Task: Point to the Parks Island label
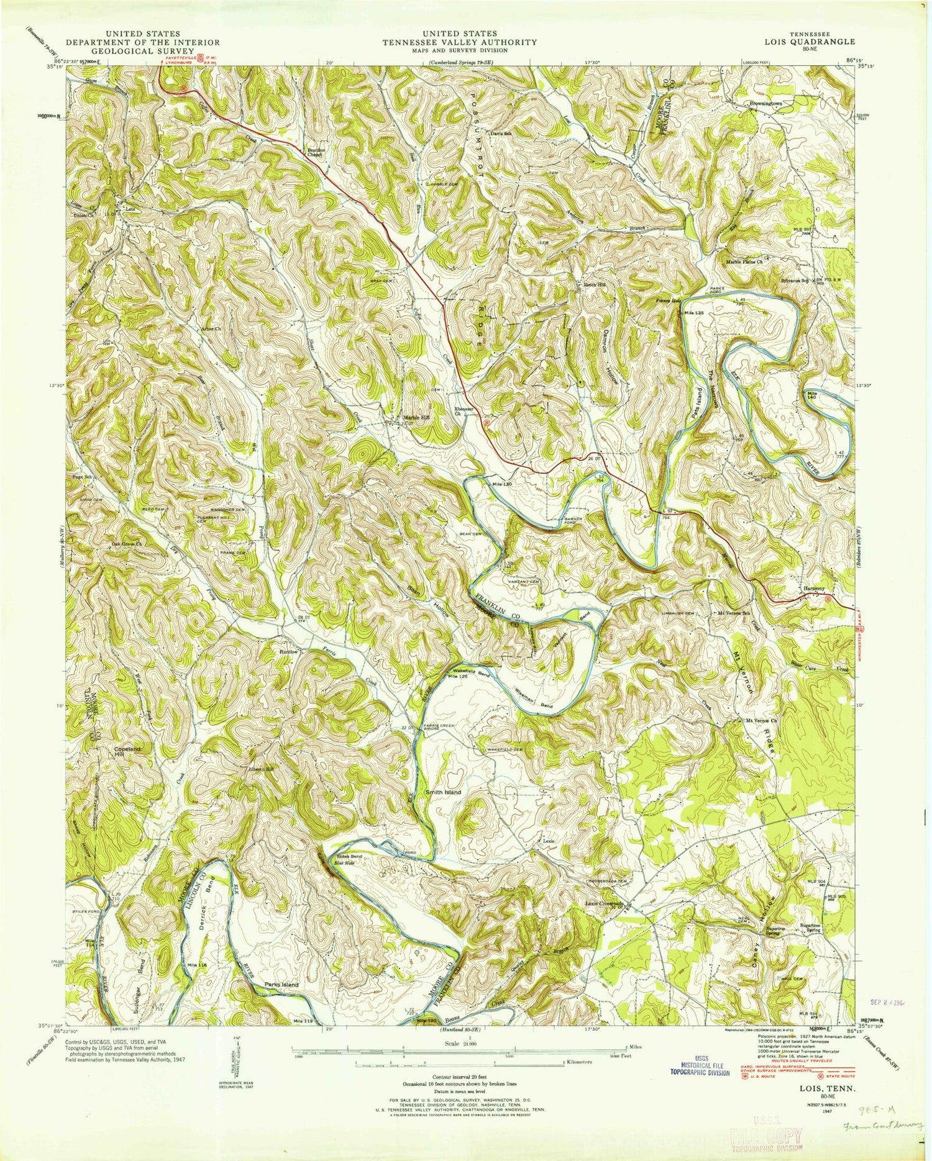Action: click(282, 985)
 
